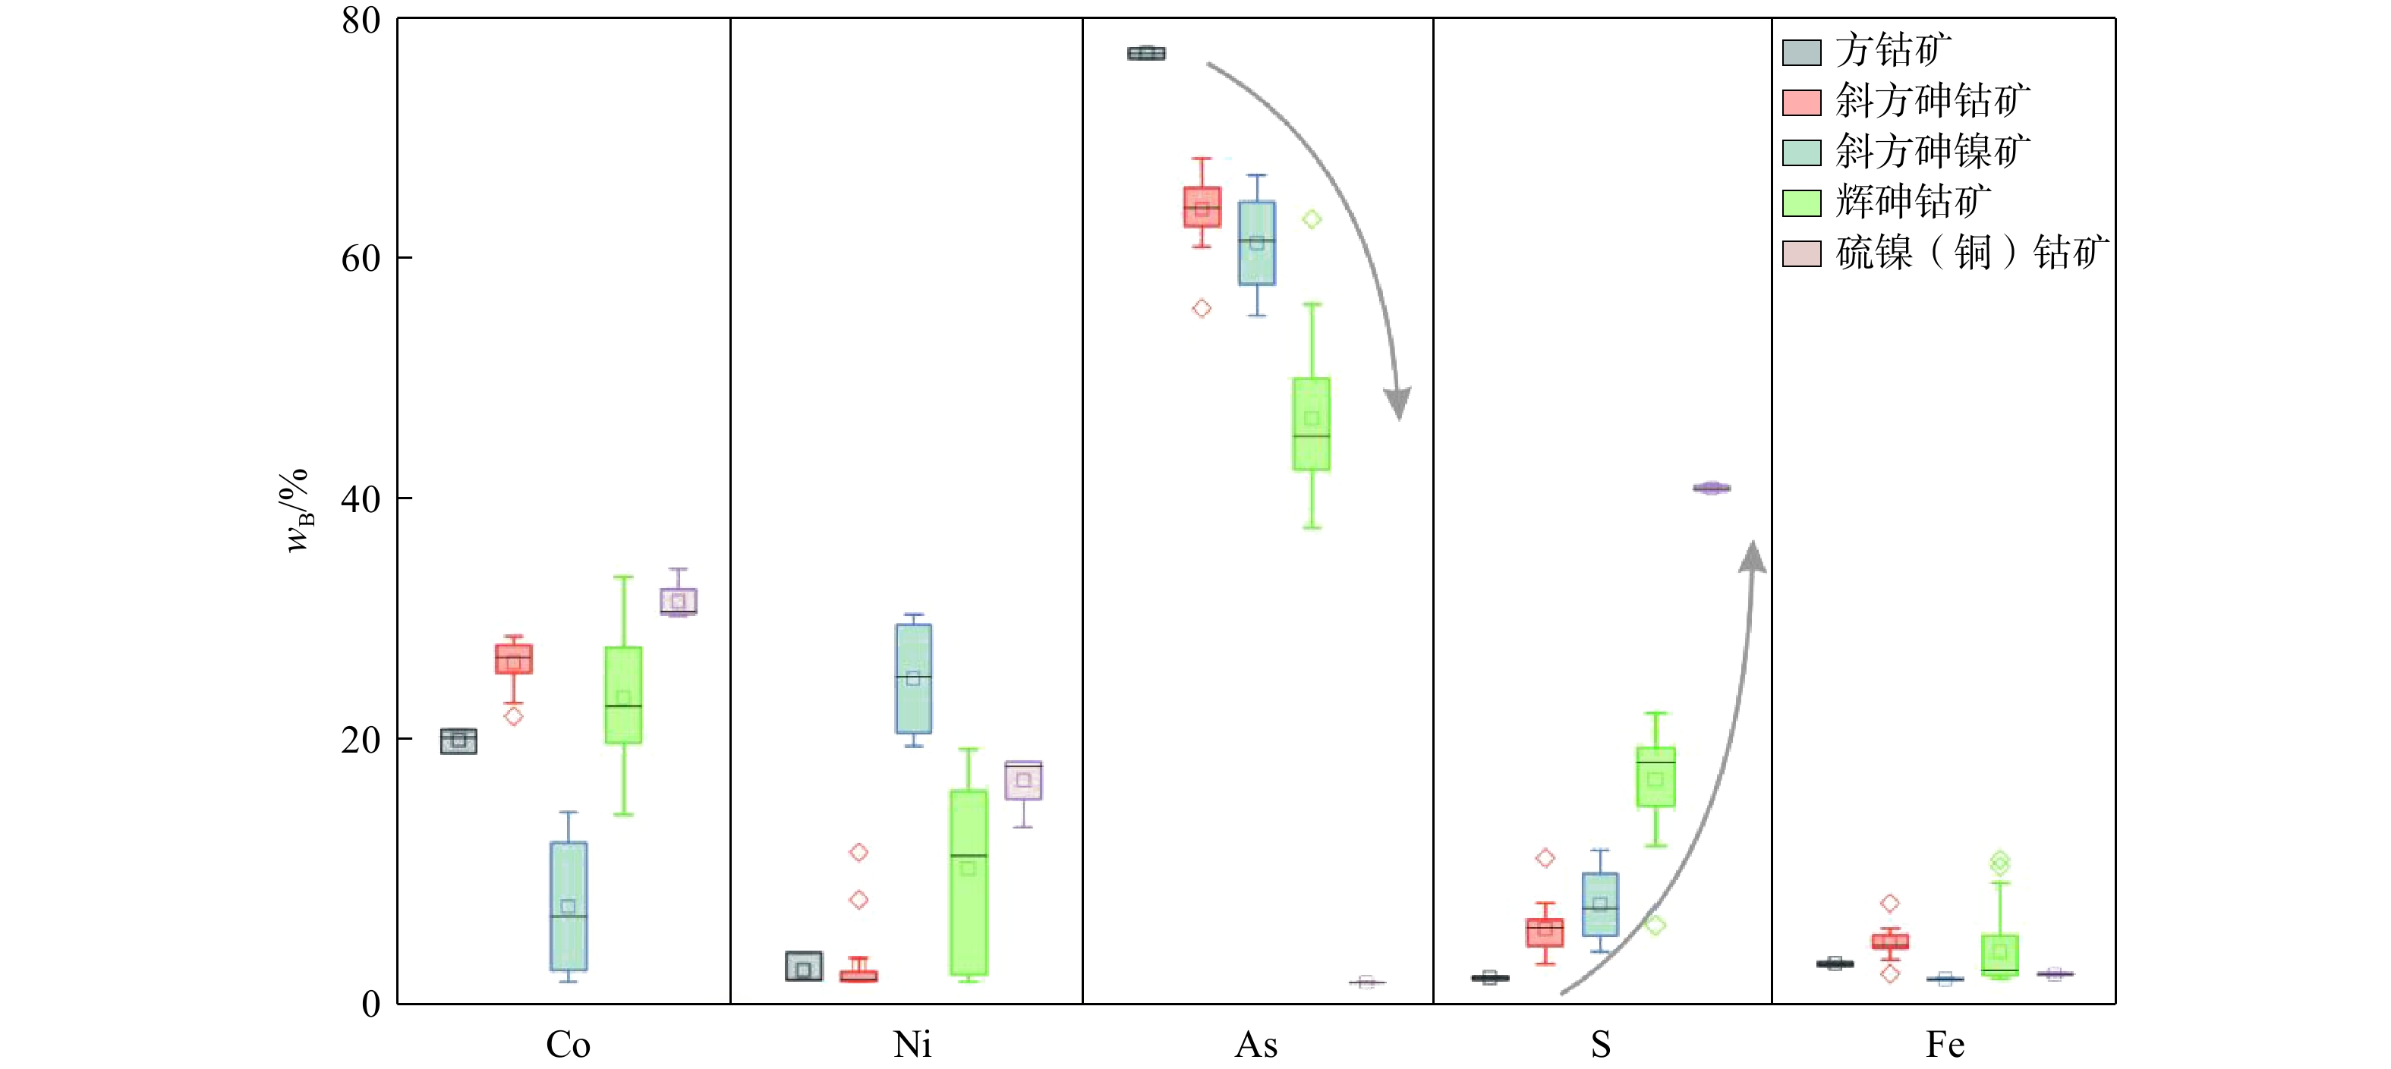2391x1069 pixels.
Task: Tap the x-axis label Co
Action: [568, 1045]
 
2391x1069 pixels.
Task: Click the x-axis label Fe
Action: [1945, 1045]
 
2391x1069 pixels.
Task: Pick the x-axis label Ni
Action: [912, 1045]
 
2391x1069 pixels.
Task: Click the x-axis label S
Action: [1600, 1045]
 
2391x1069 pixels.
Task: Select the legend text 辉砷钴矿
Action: [1913, 201]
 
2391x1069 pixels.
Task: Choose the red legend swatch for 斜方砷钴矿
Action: [1802, 102]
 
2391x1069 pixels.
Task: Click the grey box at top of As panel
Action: [1146, 54]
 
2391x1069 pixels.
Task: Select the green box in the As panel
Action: [1312, 424]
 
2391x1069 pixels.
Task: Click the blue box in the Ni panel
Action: [913, 678]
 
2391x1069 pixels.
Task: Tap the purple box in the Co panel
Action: [679, 602]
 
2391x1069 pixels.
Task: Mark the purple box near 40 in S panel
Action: [1711, 488]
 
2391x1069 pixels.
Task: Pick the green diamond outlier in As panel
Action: [1312, 219]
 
